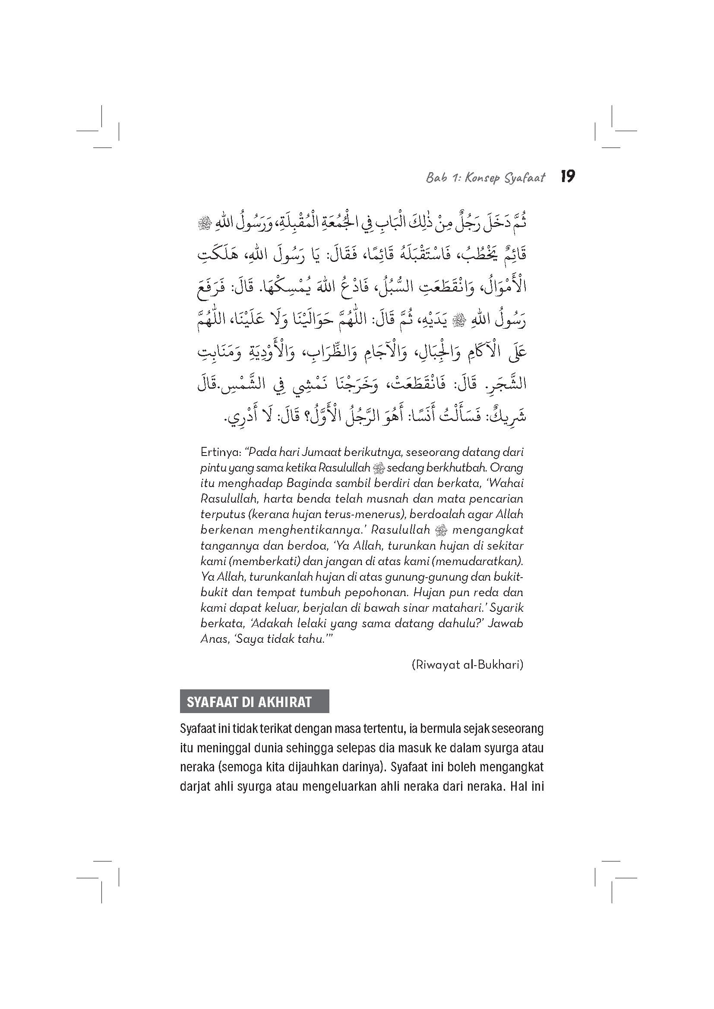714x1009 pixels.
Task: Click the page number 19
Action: click(568, 177)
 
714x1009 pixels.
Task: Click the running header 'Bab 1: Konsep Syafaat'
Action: click(485, 178)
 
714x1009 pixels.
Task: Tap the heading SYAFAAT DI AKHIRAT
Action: click(249, 702)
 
